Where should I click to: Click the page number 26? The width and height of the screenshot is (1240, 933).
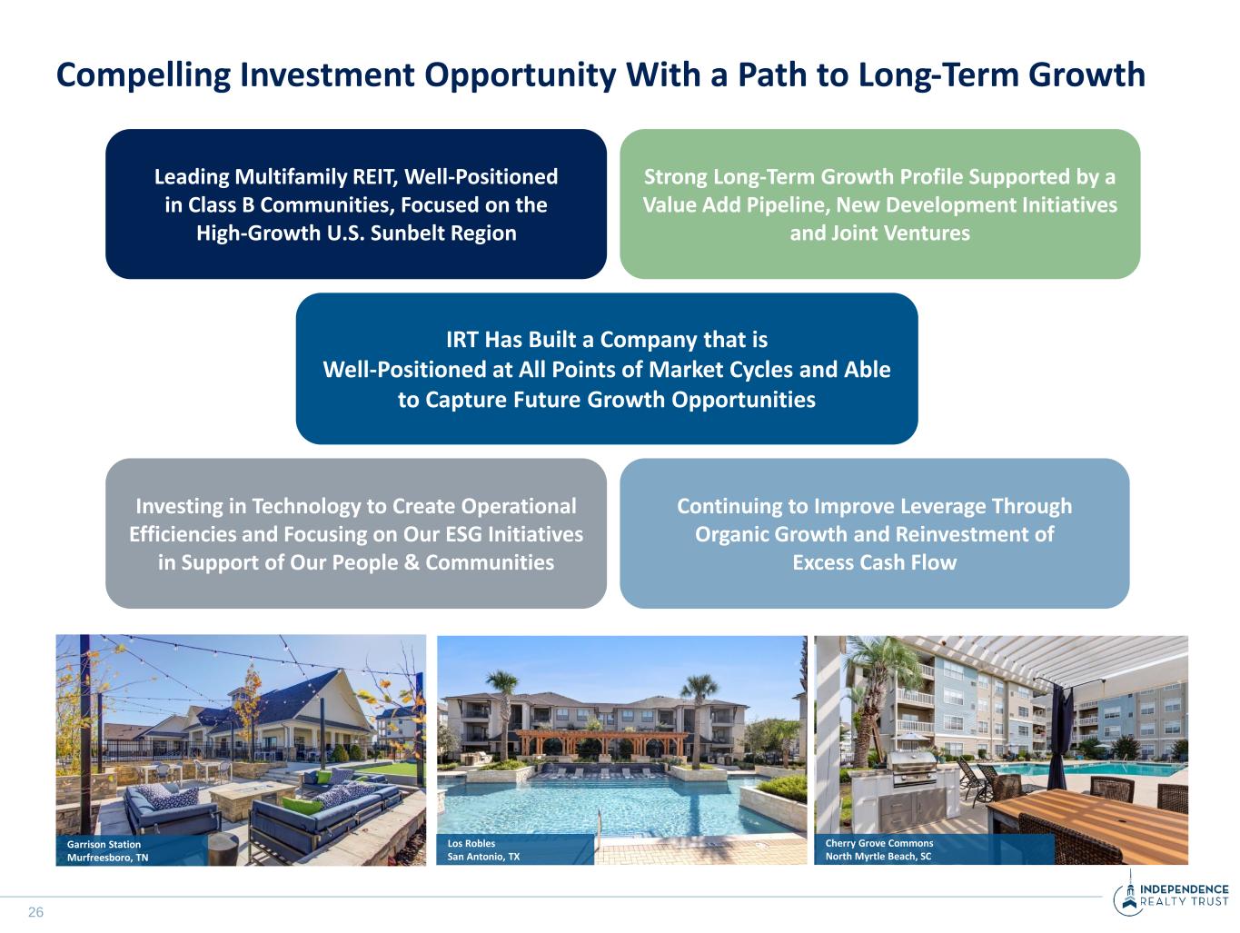pyautogui.click(x=35, y=912)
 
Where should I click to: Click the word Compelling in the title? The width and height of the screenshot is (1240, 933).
pyautogui.click(x=144, y=75)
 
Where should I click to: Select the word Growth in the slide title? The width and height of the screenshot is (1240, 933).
pyautogui.click(x=1086, y=74)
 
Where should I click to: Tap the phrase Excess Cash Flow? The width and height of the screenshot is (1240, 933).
pyautogui.click(x=875, y=562)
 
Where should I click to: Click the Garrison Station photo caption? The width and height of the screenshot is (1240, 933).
pyautogui.click(x=107, y=850)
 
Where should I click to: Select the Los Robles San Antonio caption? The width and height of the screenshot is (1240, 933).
pyautogui.click(x=483, y=850)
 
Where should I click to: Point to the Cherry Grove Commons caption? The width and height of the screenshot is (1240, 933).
pyautogui.click(x=879, y=850)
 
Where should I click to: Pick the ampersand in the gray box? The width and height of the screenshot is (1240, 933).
pyautogui.click(x=412, y=562)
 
